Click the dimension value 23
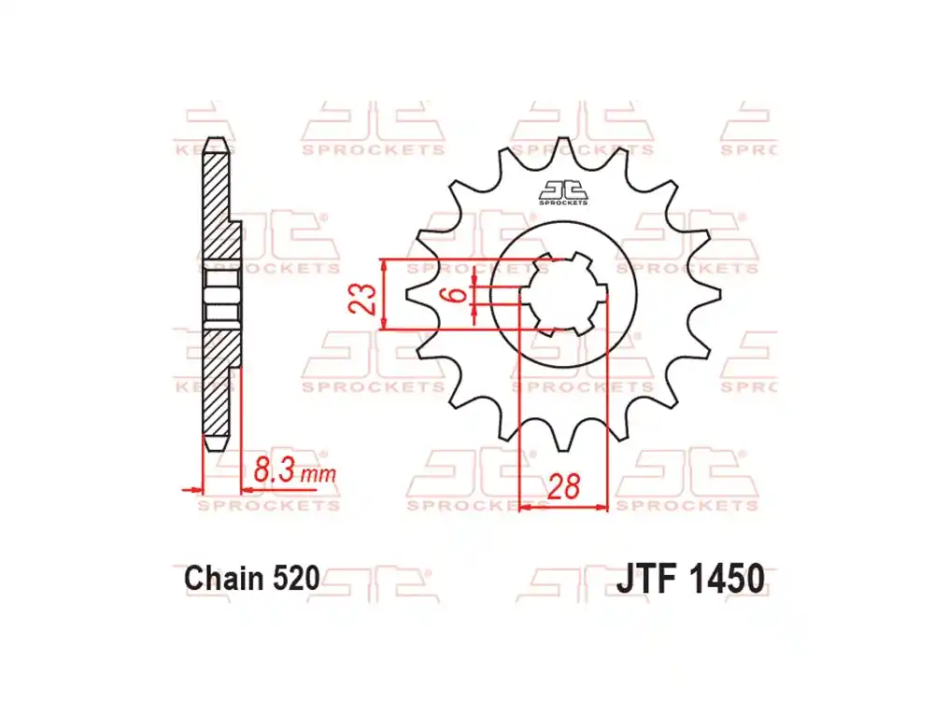point(366,296)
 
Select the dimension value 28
point(563,486)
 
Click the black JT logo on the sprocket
point(563,189)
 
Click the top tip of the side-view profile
point(216,141)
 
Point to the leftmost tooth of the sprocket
point(414,294)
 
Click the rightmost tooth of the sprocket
point(713,294)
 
